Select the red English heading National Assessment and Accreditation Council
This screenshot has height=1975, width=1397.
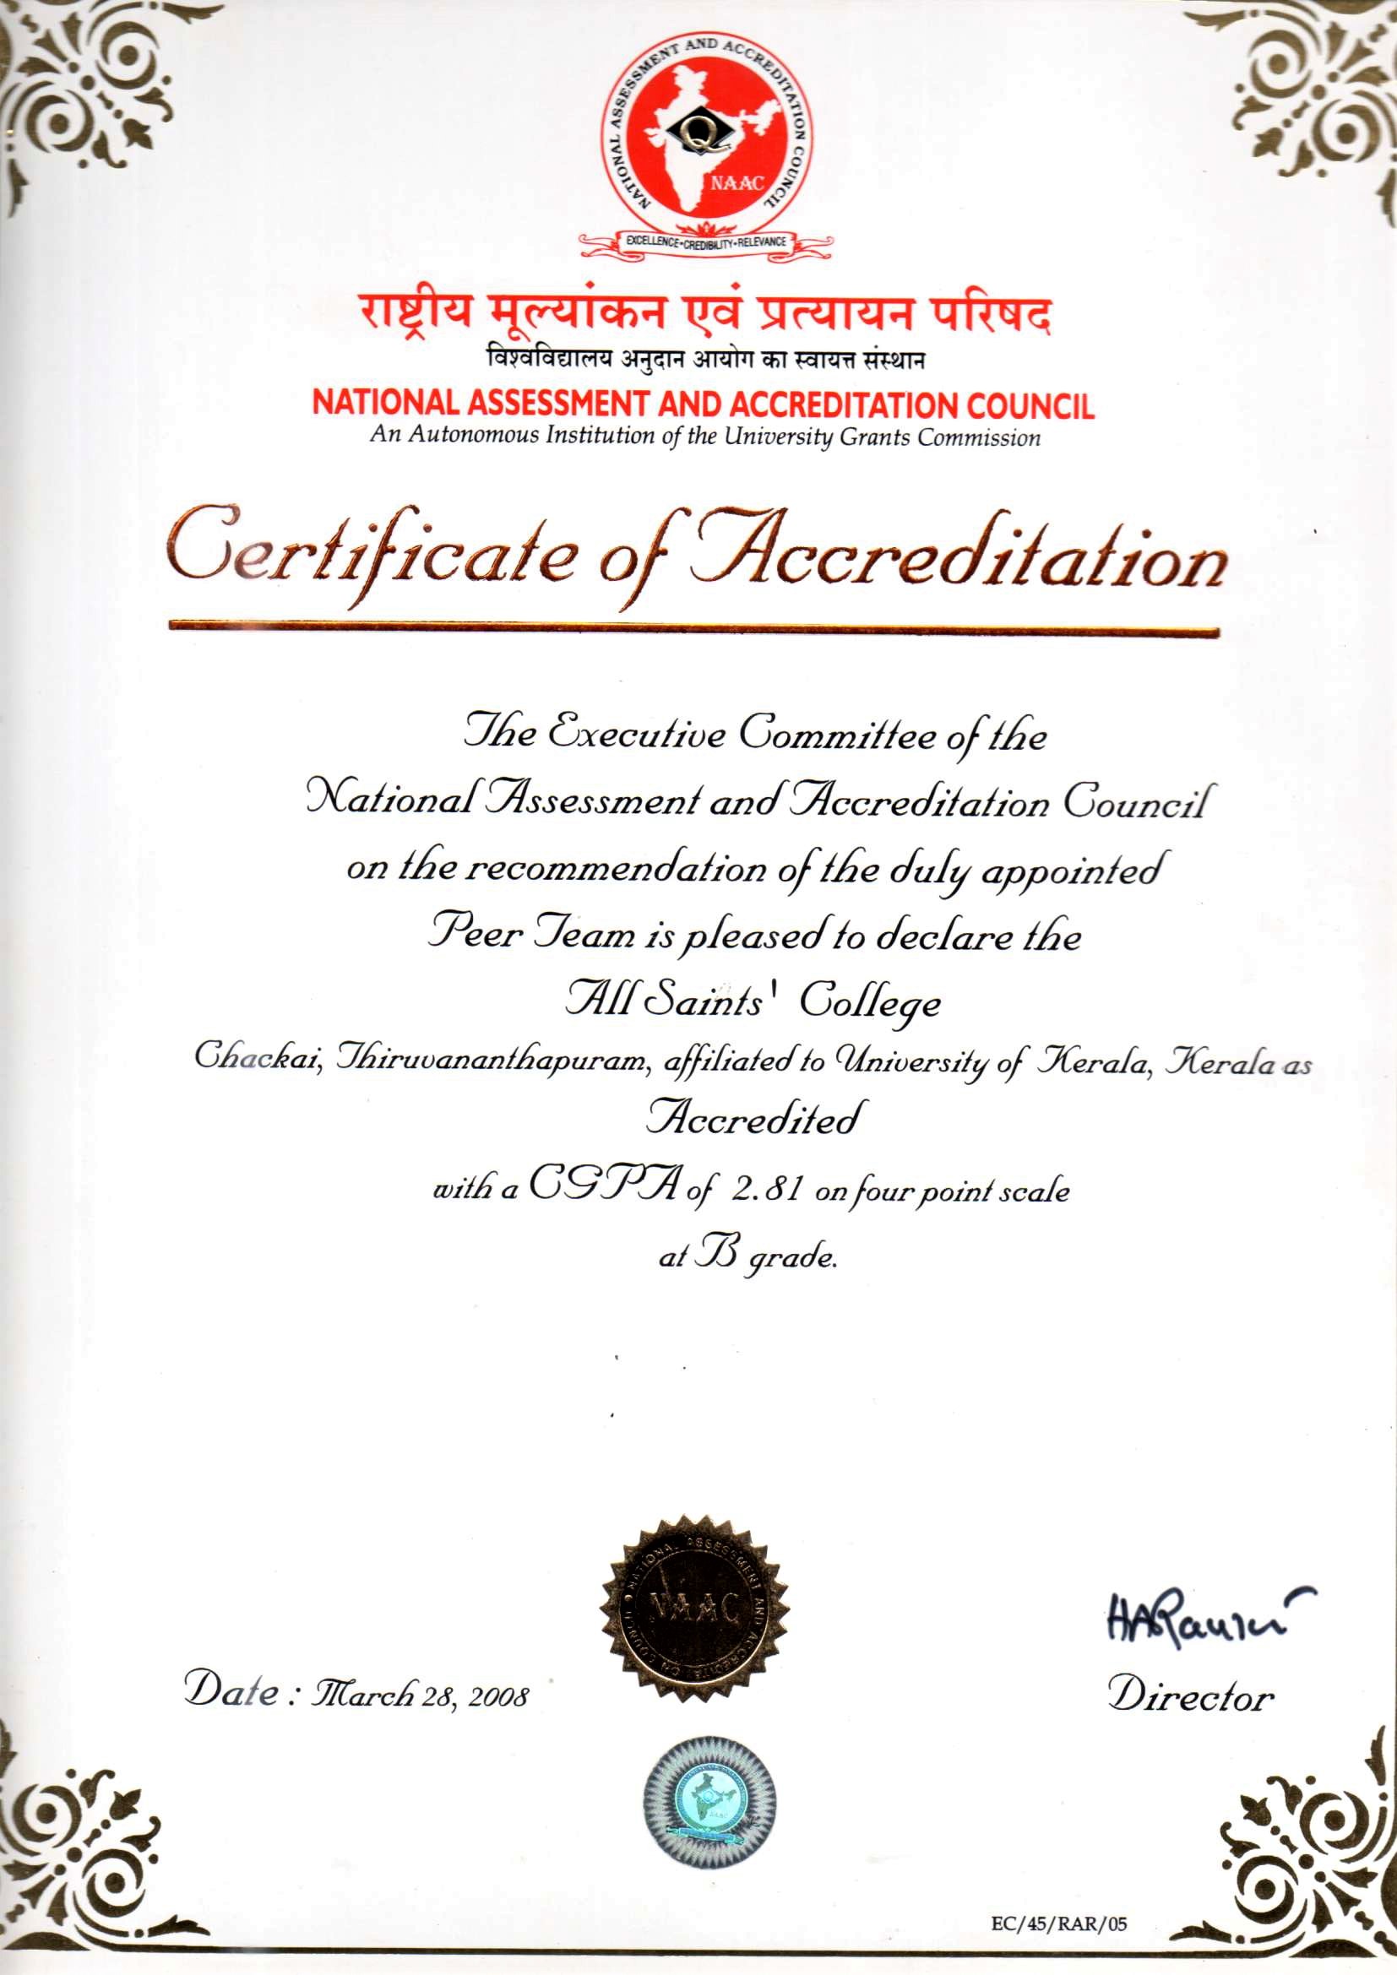coord(703,404)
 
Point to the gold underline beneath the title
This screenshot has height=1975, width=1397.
coord(695,631)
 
